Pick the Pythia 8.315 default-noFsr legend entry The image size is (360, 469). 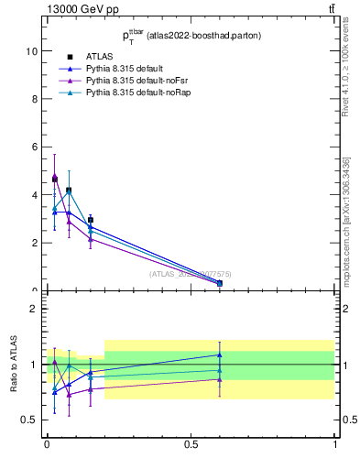point(128,81)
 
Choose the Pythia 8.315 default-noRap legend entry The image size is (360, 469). point(130,93)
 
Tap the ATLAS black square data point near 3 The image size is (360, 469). point(90,220)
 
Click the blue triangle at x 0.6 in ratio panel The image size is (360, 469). point(220,354)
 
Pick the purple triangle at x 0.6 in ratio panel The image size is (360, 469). point(220,379)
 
